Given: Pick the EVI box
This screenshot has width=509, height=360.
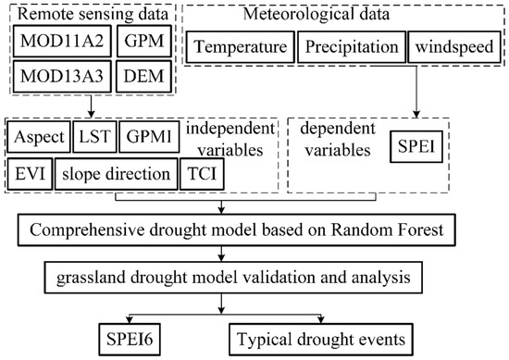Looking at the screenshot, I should (x=29, y=173).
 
